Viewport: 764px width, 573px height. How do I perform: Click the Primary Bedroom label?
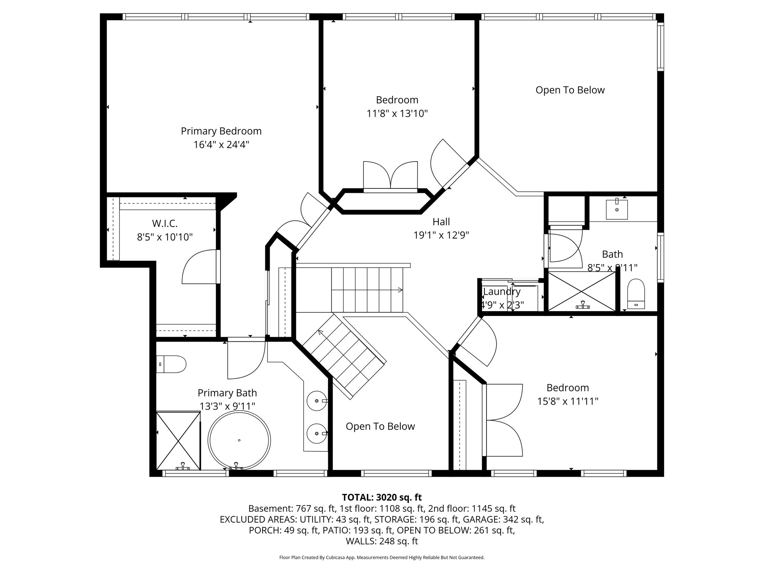point(221,131)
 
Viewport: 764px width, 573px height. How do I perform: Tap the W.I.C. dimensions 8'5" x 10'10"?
point(165,237)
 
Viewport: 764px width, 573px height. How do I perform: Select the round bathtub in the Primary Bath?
point(239,440)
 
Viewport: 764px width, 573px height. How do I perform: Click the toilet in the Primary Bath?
point(172,364)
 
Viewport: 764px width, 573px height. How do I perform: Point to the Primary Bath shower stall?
point(178,441)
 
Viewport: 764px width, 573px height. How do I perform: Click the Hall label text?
point(441,222)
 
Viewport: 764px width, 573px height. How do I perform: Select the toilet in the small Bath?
point(636,295)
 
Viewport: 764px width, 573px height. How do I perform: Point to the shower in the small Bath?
point(582,292)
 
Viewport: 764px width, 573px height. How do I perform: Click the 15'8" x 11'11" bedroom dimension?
point(567,401)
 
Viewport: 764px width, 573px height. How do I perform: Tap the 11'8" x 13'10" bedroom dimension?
point(397,113)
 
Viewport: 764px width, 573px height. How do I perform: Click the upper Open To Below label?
point(570,90)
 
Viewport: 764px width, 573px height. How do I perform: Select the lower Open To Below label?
point(380,426)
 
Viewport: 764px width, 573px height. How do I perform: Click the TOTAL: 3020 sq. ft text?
point(382,497)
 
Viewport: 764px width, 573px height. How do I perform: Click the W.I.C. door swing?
point(200,267)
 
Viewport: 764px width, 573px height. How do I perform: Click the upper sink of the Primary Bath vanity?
point(317,401)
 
